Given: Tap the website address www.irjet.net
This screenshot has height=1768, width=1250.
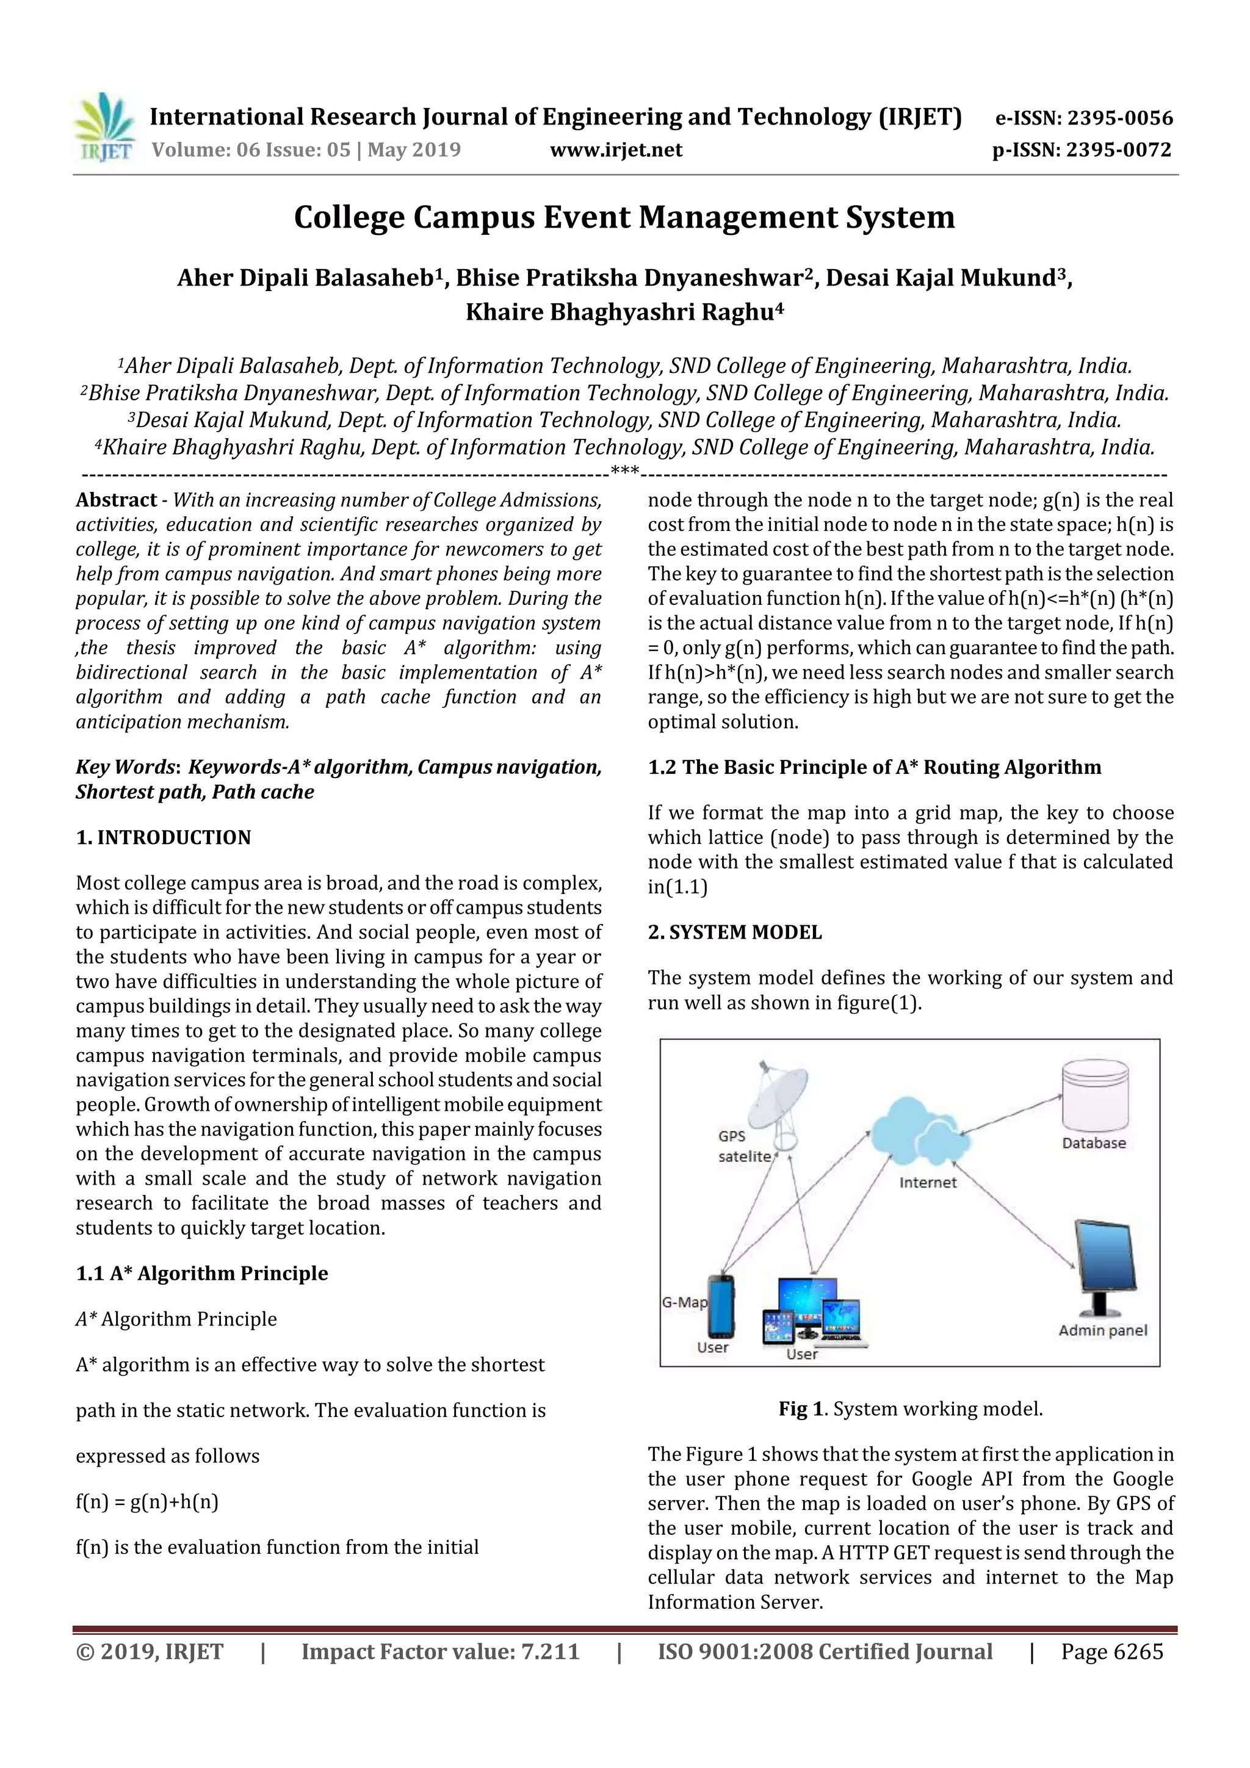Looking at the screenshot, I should (x=615, y=150).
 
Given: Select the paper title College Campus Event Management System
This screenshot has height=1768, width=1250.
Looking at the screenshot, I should (x=624, y=217).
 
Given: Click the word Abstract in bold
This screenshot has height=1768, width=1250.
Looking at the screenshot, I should (x=117, y=500).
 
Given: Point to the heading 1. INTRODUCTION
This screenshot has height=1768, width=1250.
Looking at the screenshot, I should (x=164, y=837).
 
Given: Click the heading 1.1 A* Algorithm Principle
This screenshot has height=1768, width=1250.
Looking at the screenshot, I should (x=202, y=1273).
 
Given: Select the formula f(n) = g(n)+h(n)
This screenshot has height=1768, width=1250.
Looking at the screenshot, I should (x=147, y=1501).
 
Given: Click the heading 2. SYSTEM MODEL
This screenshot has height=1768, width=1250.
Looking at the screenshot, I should (x=735, y=932).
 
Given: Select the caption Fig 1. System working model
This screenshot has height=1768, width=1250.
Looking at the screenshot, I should (x=911, y=1409).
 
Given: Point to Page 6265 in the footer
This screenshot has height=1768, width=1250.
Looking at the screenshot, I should (x=1111, y=1651).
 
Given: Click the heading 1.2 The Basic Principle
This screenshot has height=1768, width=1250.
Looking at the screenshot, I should (x=874, y=767).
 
